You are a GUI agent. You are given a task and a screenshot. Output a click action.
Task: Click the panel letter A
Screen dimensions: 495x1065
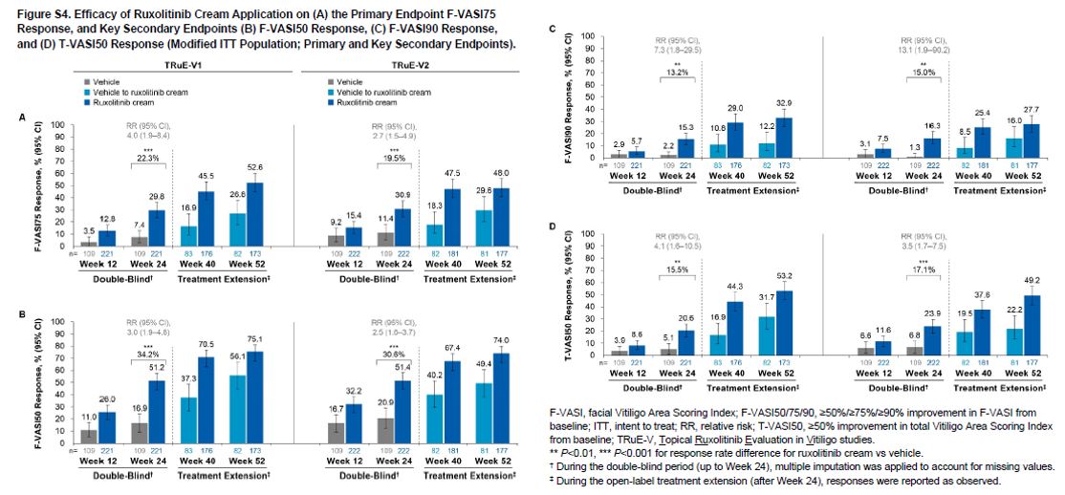coord(21,118)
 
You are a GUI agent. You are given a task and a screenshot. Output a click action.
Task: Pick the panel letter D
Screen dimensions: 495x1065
coord(540,226)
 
